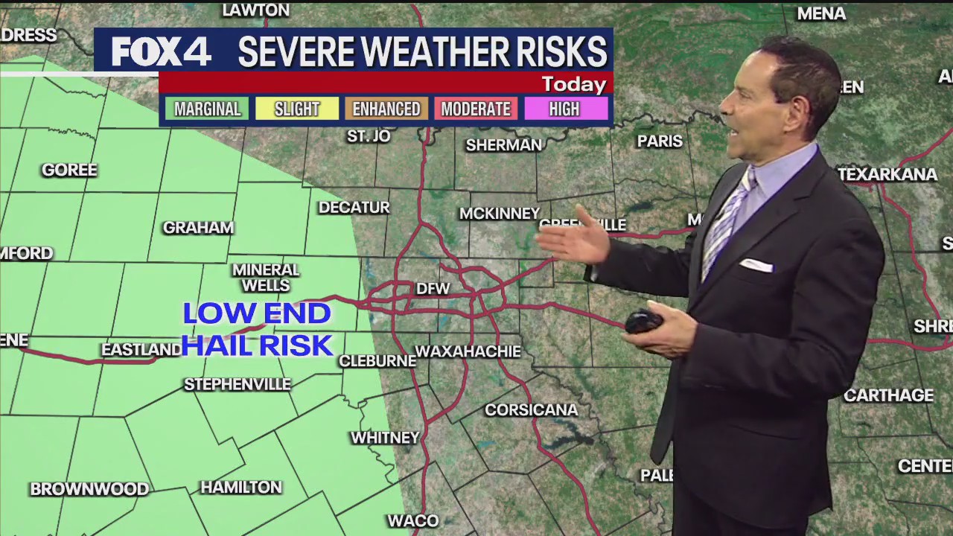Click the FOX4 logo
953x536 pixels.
point(162,52)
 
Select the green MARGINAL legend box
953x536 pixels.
point(208,109)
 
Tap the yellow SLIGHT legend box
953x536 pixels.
point(297,109)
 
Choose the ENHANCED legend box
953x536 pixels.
point(386,109)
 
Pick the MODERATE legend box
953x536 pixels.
point(476,109)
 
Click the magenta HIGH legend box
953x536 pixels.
point(564,109)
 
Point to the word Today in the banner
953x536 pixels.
point(573,84)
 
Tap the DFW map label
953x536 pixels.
point(433,289)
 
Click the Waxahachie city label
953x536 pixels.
point(468,351)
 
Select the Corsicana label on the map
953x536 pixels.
point(531,410)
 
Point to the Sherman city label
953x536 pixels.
point(504,145)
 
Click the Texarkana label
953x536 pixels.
point(887,175)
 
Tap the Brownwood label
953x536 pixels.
point(89,489)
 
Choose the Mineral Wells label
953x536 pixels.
point(266,278)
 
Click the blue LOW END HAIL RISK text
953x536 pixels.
point(257,330)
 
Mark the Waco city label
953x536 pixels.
point(413,520)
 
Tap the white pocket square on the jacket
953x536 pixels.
point(756,265)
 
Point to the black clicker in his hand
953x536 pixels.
point(644,322)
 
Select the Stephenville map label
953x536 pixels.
point(238,385)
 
